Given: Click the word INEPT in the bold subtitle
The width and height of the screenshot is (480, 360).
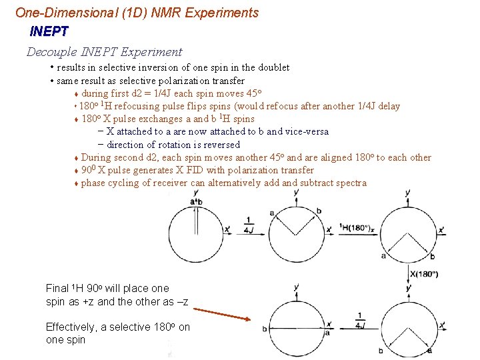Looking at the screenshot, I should click(49, 31).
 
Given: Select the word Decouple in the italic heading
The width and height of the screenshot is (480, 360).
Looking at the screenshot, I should click(51, 52).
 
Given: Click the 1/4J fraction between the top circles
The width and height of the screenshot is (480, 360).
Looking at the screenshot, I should click(249, 225).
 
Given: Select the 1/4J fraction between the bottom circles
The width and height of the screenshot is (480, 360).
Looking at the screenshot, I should click(361, 321).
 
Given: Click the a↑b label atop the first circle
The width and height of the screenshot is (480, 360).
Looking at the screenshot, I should click(196, 201).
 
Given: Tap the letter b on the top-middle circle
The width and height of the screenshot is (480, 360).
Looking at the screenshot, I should click(319, 211).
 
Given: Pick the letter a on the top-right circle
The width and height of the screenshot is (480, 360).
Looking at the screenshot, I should click(384, 255).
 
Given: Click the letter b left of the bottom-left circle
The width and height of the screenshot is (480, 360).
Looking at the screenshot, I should click(265, 329).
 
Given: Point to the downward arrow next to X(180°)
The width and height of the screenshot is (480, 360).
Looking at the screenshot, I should click(408, 273).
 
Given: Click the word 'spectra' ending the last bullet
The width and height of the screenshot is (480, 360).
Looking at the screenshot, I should click(350, 183).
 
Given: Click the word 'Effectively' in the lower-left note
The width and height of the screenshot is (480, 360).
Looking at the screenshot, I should click(69, 327).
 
